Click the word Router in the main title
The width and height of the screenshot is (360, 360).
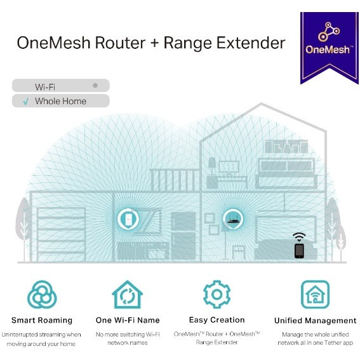tap(120, 43)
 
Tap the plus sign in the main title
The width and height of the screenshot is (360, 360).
tap(154, 43)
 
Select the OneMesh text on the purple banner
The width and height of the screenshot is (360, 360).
tap(328, 50)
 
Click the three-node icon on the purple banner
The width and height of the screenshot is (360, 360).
tap(329, 32)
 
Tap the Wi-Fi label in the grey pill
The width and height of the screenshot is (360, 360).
tap(45, 87)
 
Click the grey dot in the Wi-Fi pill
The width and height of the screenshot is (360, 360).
tap(95, 86)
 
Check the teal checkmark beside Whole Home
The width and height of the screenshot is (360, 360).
tap(25, 101)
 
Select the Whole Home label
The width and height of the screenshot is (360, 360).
tap(60, 101)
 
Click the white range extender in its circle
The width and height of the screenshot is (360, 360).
tap(128, 219)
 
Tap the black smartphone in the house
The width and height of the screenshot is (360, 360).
tap(299, 251)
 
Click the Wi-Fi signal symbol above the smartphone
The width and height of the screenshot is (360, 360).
tap(299, 237)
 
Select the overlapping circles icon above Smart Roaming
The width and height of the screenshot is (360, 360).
tap(42, 295)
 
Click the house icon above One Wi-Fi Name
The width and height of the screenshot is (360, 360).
tap(128, 295)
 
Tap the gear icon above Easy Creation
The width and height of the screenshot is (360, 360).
tap(217, 295)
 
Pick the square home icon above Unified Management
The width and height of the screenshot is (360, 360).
tap(315, 295)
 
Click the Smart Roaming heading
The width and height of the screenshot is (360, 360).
tap(42, 320)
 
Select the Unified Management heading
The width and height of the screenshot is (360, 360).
tap(315, 321)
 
